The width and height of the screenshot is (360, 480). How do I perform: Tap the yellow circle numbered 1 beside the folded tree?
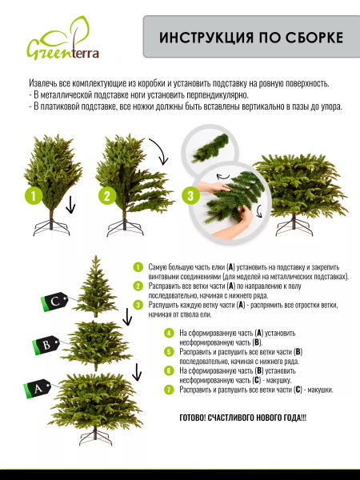(x=32, y=194)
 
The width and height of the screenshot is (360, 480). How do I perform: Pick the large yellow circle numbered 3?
(x=189, y=194)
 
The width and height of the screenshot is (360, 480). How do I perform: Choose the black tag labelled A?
(x=37, y=389)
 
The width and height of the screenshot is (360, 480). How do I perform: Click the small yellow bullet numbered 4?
(x=169, y=332)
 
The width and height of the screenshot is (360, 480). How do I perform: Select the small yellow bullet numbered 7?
(x=169, y=390)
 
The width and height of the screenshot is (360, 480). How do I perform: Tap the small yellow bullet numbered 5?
(x=169, y=351)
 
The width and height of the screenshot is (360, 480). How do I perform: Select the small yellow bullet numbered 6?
(x=169, y=370)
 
